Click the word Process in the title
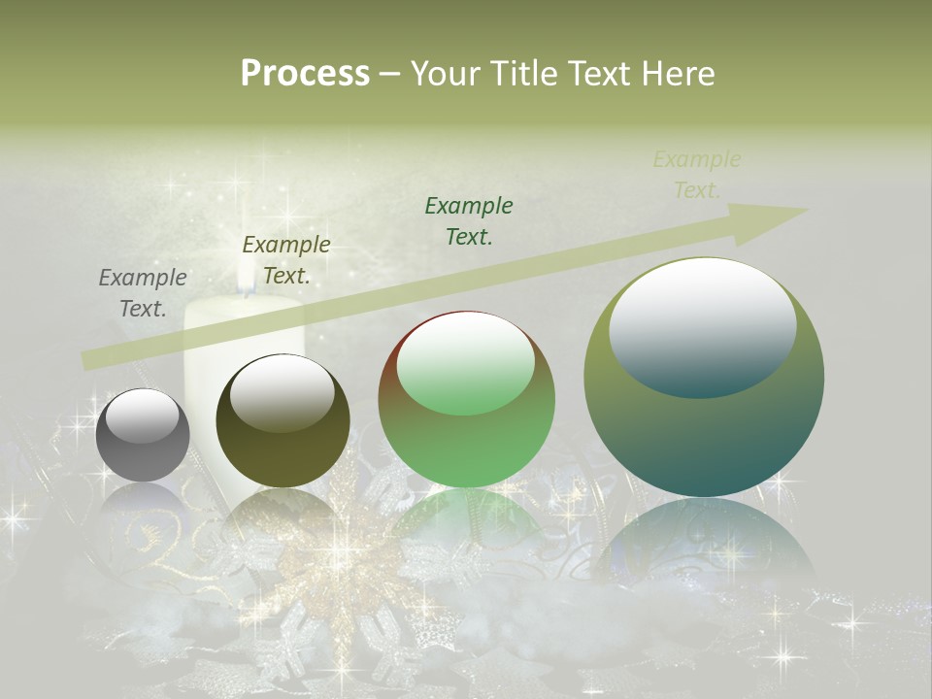click(x=305, y=73)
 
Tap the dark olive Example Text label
click(x=286, y=260)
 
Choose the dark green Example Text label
click(x=469, y=221)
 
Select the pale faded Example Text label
click(x=697, y=175)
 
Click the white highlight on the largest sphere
click(x=703, y=325)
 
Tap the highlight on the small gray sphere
click(x=142, y=416)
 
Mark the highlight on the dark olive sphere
click(x=282, y=391)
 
